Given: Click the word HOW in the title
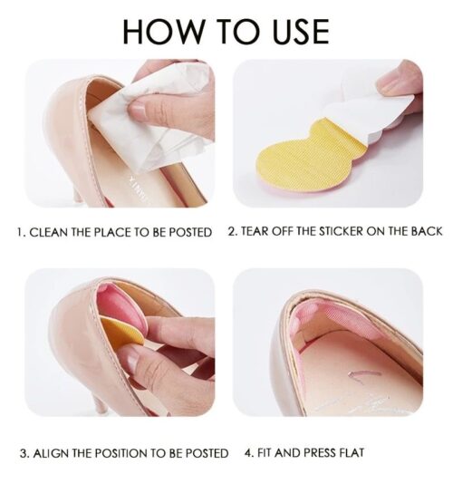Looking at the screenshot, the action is click(x=163, y=31).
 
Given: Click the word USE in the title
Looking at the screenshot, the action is click(x=302, y=31).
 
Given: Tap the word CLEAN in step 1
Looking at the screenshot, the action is click(x=49, y=232).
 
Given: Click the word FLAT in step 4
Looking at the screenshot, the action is click(x=352, y=452).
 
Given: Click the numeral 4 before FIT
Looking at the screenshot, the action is click(x=249, y=453).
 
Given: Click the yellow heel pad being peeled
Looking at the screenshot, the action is click(x=312, y=158).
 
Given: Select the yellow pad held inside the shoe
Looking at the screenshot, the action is click(x=121, y=332).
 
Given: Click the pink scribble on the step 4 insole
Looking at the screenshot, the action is click(x=364, y=374).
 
